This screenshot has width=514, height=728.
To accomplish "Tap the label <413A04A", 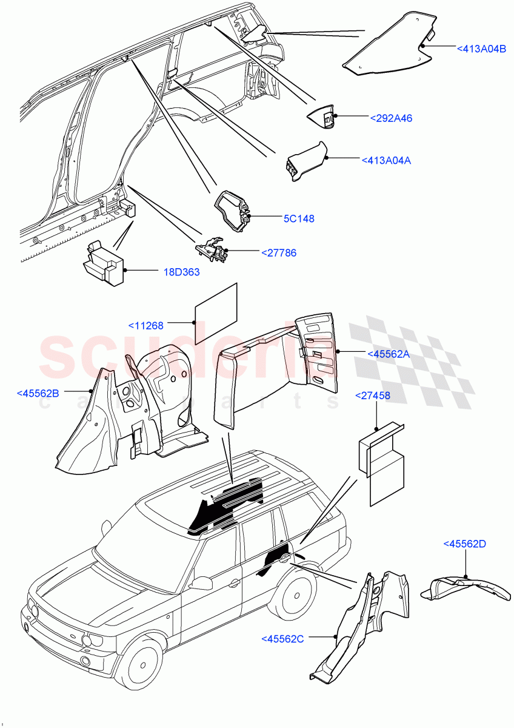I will tap(385, 161).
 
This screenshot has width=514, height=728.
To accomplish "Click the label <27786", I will tap(278, 253).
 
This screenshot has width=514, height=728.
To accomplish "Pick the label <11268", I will tap(145, 326).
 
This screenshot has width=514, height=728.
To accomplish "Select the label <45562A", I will tap(388, 354).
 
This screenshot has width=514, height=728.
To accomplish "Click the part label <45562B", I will tap(38, 393).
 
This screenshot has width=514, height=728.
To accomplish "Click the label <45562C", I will tap(282, 638).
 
